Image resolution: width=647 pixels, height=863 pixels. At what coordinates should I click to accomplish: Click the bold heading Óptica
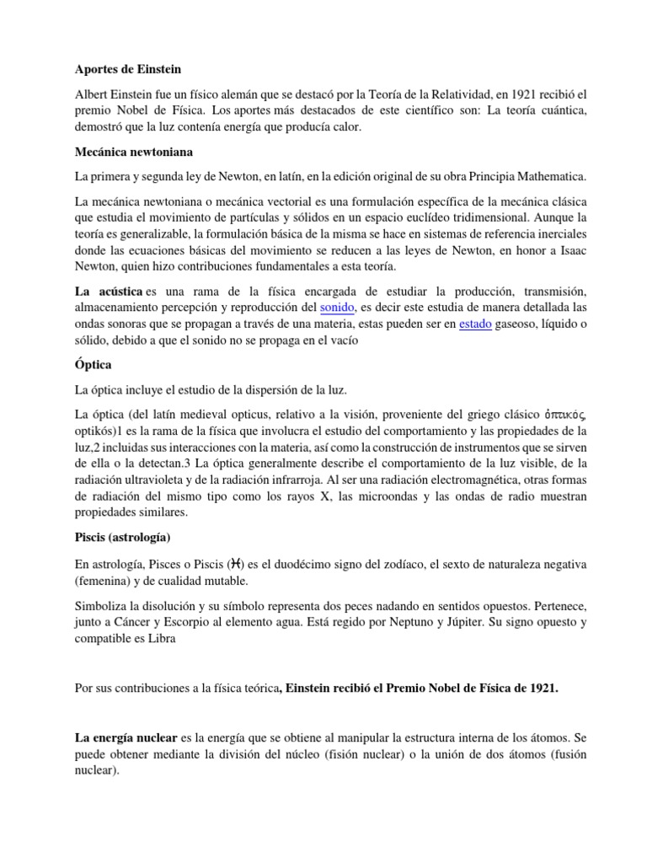pos(94,365)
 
